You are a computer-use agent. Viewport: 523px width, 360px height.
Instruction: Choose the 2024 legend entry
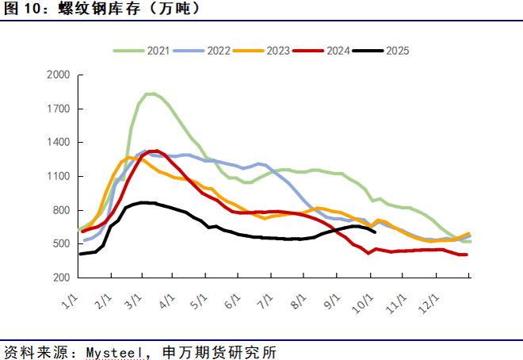(338, 51)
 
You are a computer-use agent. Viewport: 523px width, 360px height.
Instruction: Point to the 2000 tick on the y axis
(60, 75)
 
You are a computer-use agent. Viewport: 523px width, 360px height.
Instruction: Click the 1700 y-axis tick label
(60, 109)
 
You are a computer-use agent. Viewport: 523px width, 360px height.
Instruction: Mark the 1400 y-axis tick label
(60, 143)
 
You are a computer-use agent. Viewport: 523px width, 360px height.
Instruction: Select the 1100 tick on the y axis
(60, 176)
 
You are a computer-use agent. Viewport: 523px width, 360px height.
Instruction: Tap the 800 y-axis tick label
(63, 210)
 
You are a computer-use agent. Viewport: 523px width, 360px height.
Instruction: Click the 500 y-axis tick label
(63, 243)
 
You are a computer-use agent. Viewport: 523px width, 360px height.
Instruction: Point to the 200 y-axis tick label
(63, 278)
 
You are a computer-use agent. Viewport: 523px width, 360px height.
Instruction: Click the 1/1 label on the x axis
(71, 302)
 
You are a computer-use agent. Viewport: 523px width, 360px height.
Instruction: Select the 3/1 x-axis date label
(136, 302)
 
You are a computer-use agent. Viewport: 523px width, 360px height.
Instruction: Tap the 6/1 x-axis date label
(233, 302)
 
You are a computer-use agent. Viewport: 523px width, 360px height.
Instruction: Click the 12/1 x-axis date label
(429, 304)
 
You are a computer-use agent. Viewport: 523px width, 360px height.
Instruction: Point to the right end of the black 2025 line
(374, 232)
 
